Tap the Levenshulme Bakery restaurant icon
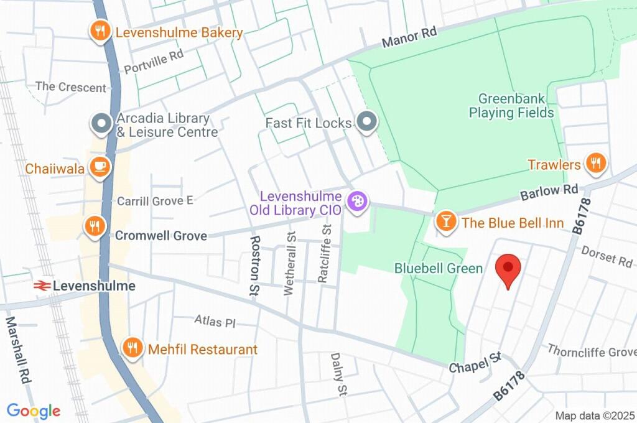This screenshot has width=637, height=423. pos(100,32)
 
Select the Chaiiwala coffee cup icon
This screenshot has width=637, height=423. pos(100,166)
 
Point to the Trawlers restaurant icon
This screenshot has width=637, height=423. pos(596,164)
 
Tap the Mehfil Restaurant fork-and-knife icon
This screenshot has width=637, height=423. pos(132,348)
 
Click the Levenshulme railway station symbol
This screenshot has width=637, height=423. pos(42,286)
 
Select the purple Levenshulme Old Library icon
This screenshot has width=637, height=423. pos(357,202)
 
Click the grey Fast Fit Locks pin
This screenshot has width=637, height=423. pos(367,122)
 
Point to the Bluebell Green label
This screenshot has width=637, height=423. pos(439,269)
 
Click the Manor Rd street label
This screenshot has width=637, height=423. pos(409,39)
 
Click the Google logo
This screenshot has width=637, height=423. pos(34,411)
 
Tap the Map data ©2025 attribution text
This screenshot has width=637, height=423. pos(593,416)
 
